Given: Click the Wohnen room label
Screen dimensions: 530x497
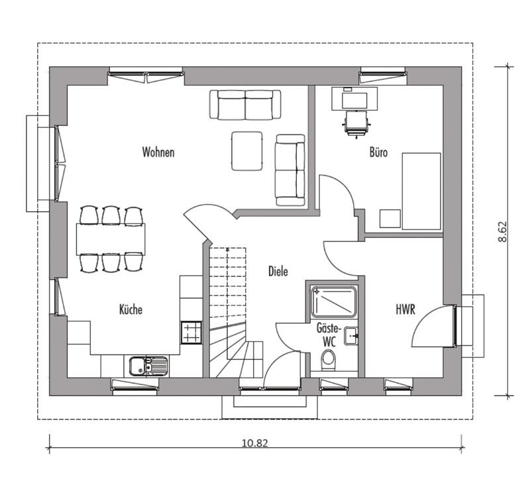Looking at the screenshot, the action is [158, 152].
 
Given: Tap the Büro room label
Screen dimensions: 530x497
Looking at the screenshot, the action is [378, 152].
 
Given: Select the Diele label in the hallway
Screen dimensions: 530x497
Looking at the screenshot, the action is [278, 271].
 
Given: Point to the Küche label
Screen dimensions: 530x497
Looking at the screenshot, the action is [131, 309].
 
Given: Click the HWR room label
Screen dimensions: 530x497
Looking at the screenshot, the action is [405, 309].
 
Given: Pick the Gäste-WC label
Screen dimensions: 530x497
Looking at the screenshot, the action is [329, 335].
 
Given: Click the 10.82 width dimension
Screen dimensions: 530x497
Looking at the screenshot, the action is [254, 443].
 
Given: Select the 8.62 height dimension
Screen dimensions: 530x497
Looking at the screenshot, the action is [502, 231].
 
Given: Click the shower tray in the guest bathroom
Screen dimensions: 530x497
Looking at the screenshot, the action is [333, 302].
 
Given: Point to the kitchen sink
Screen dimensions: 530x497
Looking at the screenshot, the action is [148, 366].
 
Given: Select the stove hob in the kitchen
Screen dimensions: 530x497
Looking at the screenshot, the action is [191, 333].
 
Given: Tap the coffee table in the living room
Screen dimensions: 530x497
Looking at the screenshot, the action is [247, 151].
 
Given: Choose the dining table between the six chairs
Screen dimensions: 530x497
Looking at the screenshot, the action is [111, 239].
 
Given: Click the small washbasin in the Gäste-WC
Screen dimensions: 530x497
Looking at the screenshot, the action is [351, 336].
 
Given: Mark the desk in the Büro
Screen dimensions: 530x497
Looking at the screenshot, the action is [354, 98].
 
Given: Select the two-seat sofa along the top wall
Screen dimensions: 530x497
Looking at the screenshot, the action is [245, 105].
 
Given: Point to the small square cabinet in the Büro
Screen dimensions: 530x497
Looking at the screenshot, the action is [390, 219].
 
